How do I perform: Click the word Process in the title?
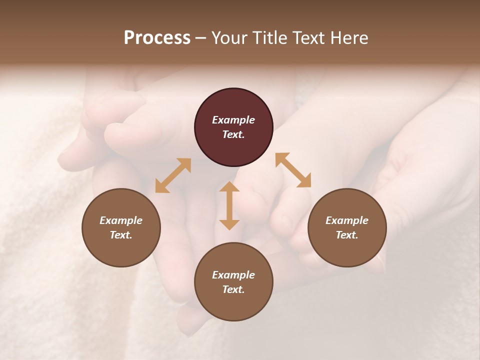pyautogui.click(x=157, y=38)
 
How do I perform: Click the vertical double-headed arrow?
pyautogui.click(x=229, y=205)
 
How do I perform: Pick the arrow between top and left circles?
pyautogui.click(x=173, y=175)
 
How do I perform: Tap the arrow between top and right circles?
pyautogui.click(x=293, y=170)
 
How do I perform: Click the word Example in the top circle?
pyautogui.click(x=233, y=120)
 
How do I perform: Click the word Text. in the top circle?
pyautogui.click(x=233, y=134)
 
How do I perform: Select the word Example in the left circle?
pyautogui.click(x=121, y=220)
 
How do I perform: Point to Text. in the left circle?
pyautogui.click(x=121, y=235)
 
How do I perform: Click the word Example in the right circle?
pyautogui.click(x=347, y=220)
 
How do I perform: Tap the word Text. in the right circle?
pyautogui.click(x=347, y=235)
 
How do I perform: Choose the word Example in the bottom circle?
pyautogui.click(x=233, y=275)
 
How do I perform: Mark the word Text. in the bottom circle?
pyautogui.click(x=233, y=289)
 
